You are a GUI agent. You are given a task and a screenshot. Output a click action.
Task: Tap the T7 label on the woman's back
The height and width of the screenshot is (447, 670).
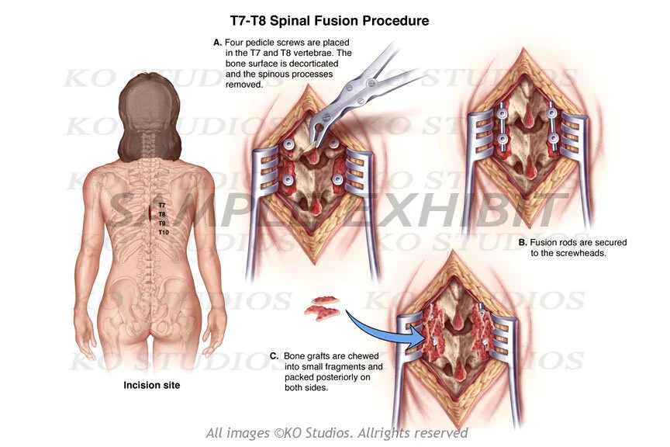pos(162,205)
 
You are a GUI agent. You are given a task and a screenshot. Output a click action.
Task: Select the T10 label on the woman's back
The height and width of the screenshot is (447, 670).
pos(164,232)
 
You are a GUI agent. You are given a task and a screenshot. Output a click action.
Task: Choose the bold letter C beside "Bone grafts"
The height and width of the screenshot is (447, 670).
pos(274,356)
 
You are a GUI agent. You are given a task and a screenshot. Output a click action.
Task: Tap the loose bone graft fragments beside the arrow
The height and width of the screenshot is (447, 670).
pos(322,309)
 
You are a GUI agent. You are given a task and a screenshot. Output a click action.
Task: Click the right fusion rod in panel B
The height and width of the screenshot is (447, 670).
pos(552,127)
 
